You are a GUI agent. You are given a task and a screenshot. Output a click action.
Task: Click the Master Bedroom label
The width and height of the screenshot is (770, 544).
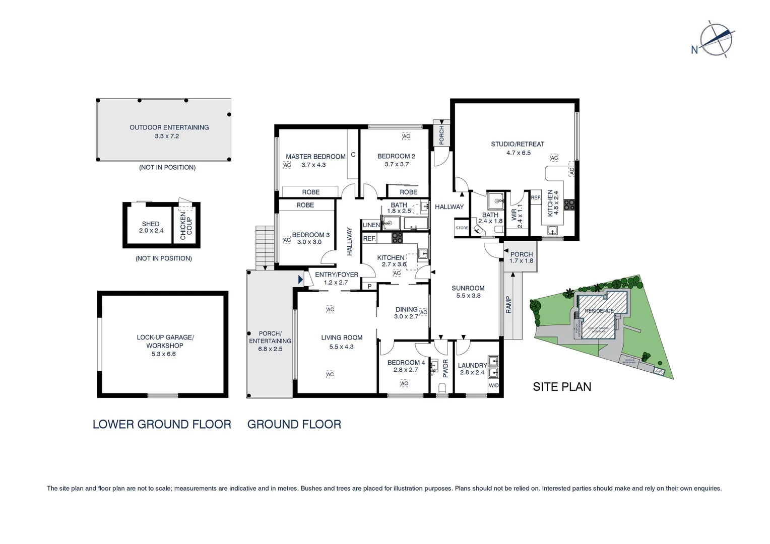tap(315, 157)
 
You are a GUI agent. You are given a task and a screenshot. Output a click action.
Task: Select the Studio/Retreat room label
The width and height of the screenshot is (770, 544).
tap(518, 144)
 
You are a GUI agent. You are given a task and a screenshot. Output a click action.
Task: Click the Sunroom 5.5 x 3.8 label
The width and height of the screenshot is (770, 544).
tap(468, 292)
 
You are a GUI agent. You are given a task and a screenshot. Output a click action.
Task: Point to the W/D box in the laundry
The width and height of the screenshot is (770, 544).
tap(493, 386)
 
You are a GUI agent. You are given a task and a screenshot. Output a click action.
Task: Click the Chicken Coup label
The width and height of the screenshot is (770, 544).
tap(186, 225)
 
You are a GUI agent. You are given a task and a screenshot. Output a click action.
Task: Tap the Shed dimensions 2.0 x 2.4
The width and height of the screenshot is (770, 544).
tap(151, 231)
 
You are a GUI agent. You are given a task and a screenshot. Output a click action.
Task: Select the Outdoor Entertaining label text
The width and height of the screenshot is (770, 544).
tap(169, 127)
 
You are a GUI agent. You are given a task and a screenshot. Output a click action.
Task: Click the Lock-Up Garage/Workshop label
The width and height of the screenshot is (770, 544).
tap(165, 342)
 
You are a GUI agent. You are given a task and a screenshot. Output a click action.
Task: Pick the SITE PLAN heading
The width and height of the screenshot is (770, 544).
tap(562, 387)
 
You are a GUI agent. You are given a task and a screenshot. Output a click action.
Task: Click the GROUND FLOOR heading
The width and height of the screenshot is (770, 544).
tap(294, 425)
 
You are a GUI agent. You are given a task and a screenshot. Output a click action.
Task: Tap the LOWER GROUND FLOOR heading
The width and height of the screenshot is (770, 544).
tap(162, 425)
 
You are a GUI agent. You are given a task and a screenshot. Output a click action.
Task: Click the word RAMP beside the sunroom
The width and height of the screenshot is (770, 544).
tap(508, 305)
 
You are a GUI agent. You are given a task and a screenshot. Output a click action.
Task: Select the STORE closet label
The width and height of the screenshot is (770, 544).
tap(462, 228)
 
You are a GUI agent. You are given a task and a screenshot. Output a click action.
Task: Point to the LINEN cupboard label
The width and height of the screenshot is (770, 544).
tap(371, 225)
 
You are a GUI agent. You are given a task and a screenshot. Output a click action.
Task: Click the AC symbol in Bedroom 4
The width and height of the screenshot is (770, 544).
tap(404, 384)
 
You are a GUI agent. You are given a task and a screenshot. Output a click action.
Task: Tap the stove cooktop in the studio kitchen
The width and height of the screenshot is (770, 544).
tap(569, 205)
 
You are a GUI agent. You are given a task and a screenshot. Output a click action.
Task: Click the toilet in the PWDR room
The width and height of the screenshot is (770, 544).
tap(442, 388)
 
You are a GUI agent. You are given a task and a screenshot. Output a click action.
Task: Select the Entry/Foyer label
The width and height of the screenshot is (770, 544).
tap(336, 275)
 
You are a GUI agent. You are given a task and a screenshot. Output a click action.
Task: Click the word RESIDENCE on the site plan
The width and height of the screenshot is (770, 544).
tap(599, 311)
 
